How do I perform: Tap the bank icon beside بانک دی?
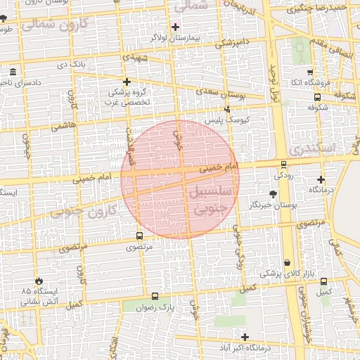14,72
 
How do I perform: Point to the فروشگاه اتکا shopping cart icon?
310,72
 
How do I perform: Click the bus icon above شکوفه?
317,98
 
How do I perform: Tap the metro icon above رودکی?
283,164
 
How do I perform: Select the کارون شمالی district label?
63,25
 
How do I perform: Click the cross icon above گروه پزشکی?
127,82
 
